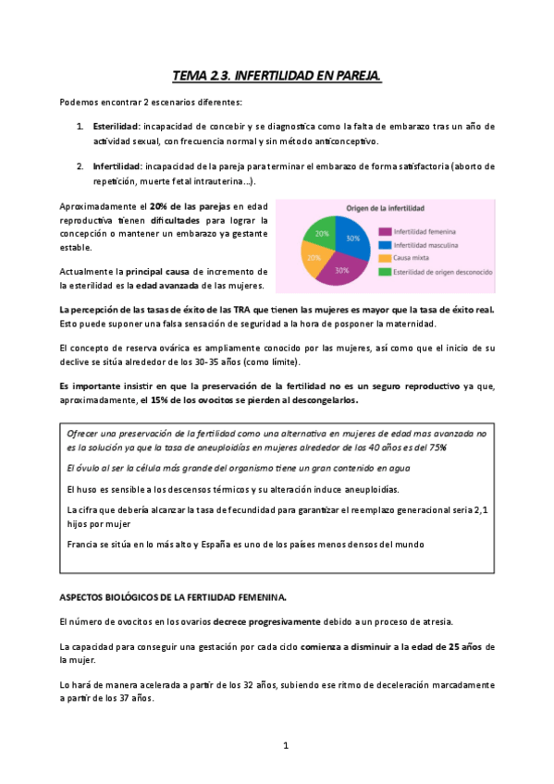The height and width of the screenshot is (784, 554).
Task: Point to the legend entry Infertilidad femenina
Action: (x=422, y=230)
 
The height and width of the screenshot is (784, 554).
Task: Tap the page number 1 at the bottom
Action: (x=287, y=745)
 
